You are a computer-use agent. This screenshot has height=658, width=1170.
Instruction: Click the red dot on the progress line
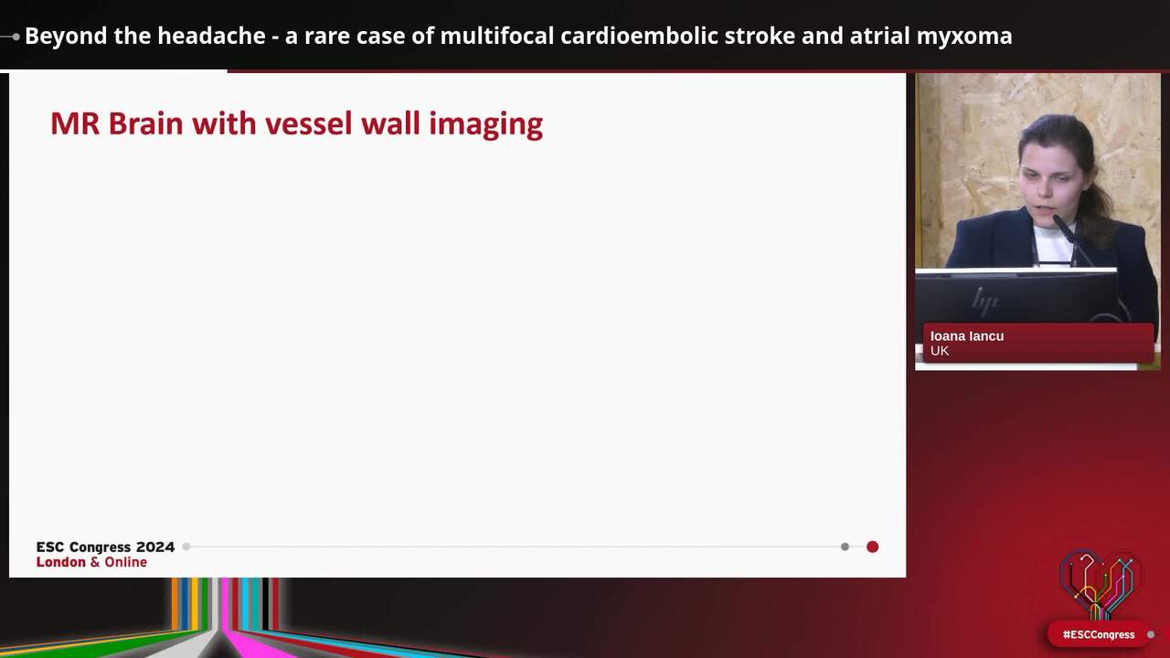[872, 547]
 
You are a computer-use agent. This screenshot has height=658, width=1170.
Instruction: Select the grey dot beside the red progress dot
[845, 547]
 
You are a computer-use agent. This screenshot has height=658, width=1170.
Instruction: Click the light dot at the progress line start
[186, 547]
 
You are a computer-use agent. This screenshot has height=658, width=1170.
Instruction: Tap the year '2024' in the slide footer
[155, 547]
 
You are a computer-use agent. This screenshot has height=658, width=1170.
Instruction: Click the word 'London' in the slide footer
[61, 562]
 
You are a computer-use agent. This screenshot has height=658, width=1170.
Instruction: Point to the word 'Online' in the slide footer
[125, 562]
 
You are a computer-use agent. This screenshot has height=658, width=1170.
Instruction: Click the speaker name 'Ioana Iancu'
[967, 335]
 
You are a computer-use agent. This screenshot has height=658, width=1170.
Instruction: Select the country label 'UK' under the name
[940, 351]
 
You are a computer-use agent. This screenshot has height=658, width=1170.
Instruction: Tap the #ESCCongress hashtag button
[1098, 634]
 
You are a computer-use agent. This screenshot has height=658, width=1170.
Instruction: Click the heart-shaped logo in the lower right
[1100, 583]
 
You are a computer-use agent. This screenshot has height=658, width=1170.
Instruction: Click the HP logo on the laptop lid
[984, 300]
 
